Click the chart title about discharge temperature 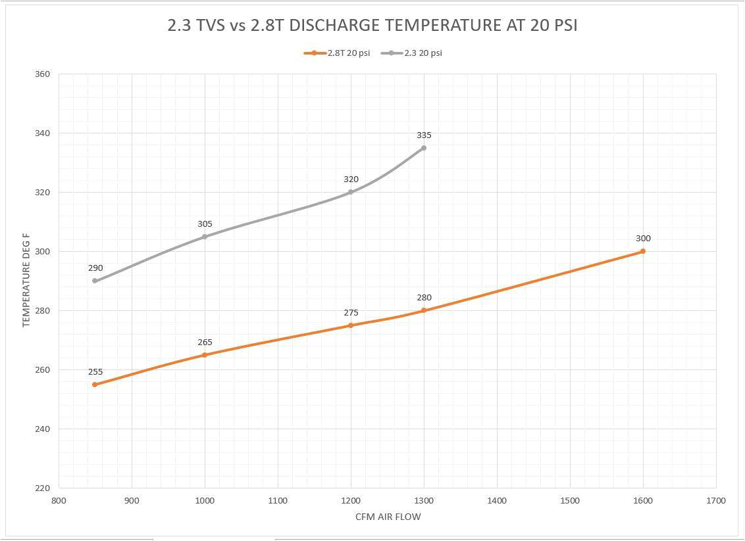(372, 26)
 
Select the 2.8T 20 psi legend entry (337, 53)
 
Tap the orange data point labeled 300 (643, 251)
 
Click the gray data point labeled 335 (424, 148)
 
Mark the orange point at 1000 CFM (205, 355)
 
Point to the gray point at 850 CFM (95, 281)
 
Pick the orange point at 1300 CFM (424, 310)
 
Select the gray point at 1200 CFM (351, 192)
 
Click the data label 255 (95, 371)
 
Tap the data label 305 (205, 224)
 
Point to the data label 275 (351, 313)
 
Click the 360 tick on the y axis (42, 74)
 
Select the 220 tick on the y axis (42, 488)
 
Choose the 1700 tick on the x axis (715, 501)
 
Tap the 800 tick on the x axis (59, 501)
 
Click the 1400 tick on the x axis (497, 501)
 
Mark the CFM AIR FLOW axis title (388, 517)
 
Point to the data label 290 (95, 268)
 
